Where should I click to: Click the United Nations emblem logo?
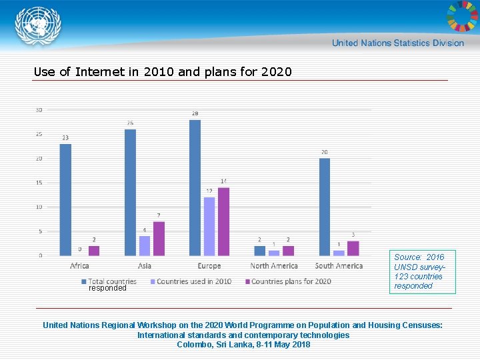pyautogui.click(x=38, y=26)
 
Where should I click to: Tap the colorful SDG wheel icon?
pyautogui.click(x=461, y=17)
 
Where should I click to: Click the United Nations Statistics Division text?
pyautogui.click(x=398, y=43)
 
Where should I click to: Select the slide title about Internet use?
pyautogui.click(x=163, y=71)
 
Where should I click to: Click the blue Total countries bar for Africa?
pyautogui.click(x=65, y=199)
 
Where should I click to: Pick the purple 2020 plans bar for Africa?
pyautogui.click(x=93, y=251)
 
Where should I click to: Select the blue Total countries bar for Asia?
pyautogui.click(x=130, y=192)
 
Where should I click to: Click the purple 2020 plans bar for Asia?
pyautogui.click(x=159, y=239)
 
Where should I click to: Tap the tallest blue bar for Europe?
pyautogui.click(x=195, y=187)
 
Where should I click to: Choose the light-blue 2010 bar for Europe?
pyautogui.click(x=209, y=226)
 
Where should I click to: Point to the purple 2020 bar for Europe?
pyautogui.click(x=223, y=221)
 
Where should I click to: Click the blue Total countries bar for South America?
pyautogui.click(x=325, y=207)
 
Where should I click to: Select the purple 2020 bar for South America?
pyautogui.click(x=353, y=248)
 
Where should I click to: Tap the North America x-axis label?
pyautogui.click(x=273, y=266)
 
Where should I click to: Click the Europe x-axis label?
pyautogui.click(x=209, y=266)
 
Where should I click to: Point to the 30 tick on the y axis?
pyautogui.click(x=39, y=110)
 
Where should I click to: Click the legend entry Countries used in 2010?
pyautogui.click(x=193, y=281)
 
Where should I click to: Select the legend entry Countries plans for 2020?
pyautogui.click(x=291, y=281)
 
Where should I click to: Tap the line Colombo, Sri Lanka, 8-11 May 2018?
pyautogui.click(x=243, y=345)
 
